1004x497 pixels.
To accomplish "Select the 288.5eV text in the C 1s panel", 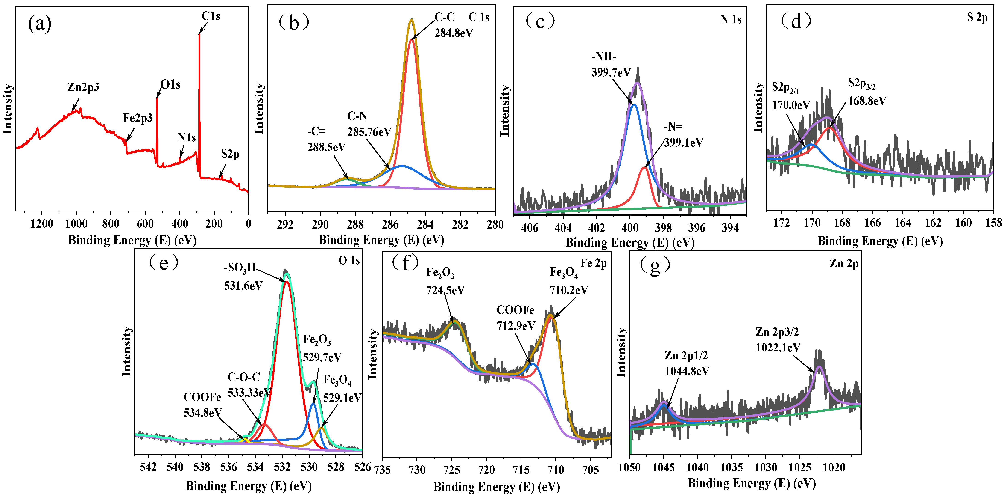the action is tap(327, 147).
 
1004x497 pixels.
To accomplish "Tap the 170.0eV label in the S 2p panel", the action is tap(791, 105).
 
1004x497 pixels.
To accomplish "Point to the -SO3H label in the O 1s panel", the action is tap(240, 268).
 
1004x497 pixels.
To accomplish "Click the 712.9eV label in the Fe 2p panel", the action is tap(516, 325).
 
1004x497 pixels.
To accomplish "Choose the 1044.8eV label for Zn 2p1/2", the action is tap(687, 371).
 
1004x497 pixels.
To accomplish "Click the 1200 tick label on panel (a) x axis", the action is tap(42, 224).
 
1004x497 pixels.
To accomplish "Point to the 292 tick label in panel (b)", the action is tap(285, 225).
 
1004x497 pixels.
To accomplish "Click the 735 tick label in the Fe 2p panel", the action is tap(382, 470).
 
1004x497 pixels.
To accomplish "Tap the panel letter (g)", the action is tap(655, 265).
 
